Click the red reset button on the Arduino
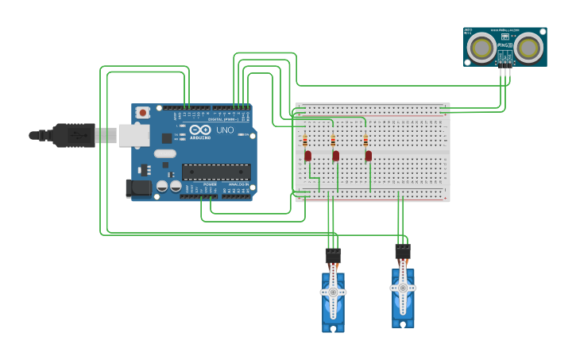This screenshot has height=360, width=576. pos(143,113)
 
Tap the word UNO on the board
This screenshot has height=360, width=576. pos(225,130)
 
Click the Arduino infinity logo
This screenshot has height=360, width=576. pos(200,130)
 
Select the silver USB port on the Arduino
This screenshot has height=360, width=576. pos(133,135)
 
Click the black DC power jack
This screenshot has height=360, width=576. pos(138,188)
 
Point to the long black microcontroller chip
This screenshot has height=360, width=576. pos(216,171)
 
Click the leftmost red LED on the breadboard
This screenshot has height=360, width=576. pos(307,156)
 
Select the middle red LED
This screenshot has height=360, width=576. pos(336,156)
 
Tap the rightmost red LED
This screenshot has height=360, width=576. pos(369,156)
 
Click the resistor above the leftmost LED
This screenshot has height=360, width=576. pos(305,141)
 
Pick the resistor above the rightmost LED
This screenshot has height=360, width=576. pos(365,141)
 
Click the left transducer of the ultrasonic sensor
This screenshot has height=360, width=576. pos(481,48)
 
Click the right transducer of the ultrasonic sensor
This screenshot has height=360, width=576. pos(528,48)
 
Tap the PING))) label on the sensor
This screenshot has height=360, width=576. pos(504,45)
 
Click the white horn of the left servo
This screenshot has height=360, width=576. pos(333,292)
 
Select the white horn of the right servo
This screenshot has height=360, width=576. pos(403,288)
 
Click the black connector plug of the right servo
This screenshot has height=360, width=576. pos(403,252)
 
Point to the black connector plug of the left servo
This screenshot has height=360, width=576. pos(333,257)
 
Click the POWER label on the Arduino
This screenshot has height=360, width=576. pos(209,184)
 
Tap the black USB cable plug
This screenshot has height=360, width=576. pos(74,135)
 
